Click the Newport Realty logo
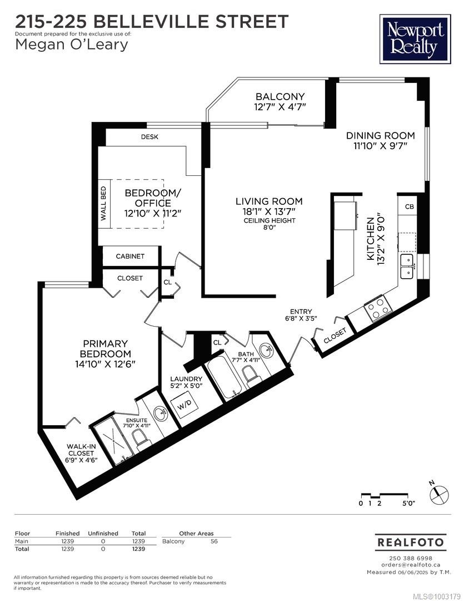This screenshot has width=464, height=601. click(x=415, y=39)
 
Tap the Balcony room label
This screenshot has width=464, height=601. click(x=280, y=96)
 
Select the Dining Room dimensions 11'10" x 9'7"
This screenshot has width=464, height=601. click(x=380, y=146)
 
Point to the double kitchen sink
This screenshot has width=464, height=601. click(x=407, y=267)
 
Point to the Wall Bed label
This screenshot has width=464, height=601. click(x=103, y=204)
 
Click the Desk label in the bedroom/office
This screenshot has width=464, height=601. click(x=149, y=137)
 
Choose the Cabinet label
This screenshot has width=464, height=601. click(x=130, y=256)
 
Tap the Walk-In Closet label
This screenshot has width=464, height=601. click(x=82, y=453)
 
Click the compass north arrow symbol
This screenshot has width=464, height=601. click(x=439, y=495)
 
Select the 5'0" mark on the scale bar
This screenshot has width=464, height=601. click(x=408, y=503)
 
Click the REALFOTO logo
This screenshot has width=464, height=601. click(x=411, y=542)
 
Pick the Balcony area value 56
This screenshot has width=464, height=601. click(x=214, y=541)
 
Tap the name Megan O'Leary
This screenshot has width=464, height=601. click(x=72, y=45)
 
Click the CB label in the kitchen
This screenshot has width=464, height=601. click(x=409, y=206)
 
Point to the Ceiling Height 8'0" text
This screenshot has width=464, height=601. click(x=270, y=224)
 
